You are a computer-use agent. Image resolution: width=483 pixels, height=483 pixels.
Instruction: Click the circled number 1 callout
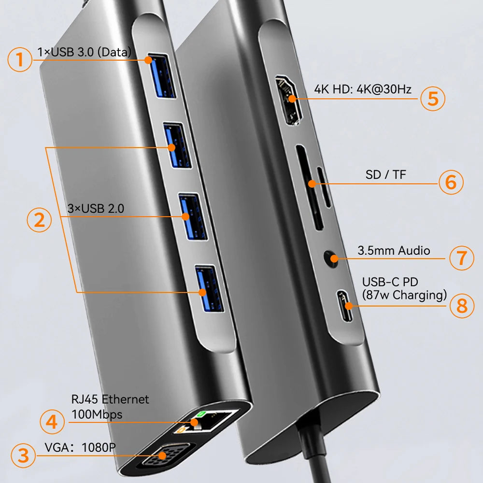click(x=20, y=59)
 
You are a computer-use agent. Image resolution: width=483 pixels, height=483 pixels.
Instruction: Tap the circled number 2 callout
click(x=39, y=220)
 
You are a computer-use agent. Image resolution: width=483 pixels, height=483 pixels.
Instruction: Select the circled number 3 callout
click(x=23, y=455)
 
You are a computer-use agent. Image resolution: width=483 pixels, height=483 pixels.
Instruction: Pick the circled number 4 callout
click(x=52, y=422)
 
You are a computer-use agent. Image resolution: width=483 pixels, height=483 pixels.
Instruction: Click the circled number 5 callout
click(x=433, y=99)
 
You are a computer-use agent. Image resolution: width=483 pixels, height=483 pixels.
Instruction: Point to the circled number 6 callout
click(x=451, y=182)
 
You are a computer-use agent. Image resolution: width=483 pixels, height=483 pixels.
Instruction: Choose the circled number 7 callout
click(x=461, y=258)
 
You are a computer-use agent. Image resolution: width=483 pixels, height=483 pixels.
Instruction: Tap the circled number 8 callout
click(x=462, y=306)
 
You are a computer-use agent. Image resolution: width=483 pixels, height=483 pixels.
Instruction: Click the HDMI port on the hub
click(x=289, y=100)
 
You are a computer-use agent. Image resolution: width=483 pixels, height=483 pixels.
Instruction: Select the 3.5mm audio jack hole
click(x=331, y=258)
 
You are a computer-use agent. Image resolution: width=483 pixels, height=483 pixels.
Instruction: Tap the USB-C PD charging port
click(x=345, y=306)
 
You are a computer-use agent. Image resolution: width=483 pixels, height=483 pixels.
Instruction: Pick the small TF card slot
click(x=324, y=187)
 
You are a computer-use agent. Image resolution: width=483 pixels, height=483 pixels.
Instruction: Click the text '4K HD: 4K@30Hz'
click(x=363, y=89)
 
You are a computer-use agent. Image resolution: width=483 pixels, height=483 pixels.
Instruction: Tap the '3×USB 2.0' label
click(x=96, y=209)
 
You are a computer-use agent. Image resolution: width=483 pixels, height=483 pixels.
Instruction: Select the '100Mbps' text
click(x=97, y=414)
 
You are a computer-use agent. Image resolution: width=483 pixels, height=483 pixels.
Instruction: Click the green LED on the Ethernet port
click(x=201, y=414)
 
